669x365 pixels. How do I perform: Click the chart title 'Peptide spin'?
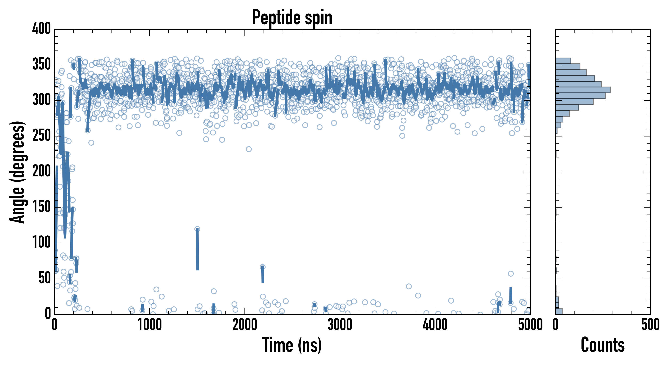point(292,17)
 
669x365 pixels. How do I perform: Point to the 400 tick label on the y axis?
point(41,29)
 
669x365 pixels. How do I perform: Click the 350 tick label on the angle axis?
point(41,64)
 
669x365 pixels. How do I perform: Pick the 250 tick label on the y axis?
point(41,136)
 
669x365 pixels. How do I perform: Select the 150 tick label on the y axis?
point(41,207)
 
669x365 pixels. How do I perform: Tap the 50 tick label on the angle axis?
point(44,278)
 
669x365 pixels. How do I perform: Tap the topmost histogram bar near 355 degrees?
point(563,61)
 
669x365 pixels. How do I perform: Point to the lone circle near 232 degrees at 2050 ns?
point(249,149)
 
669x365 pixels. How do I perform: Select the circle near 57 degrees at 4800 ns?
point(511,274)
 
